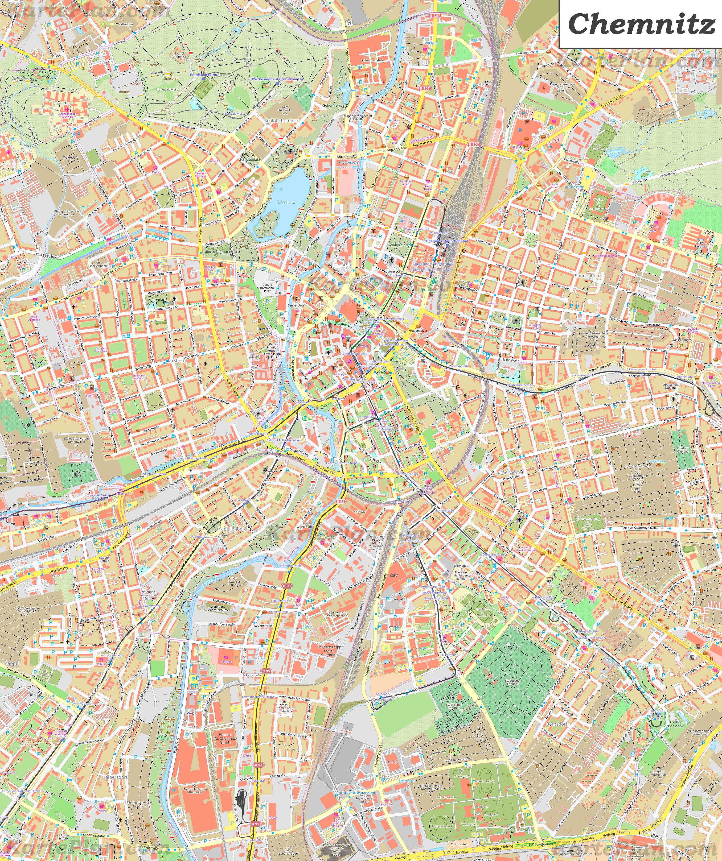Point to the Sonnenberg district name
click(588, 276)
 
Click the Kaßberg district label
click(177, 361)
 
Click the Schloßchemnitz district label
click(281, 121)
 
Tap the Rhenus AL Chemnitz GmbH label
click(225, 738)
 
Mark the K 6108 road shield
click(108, 24)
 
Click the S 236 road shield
click(489, 376)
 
